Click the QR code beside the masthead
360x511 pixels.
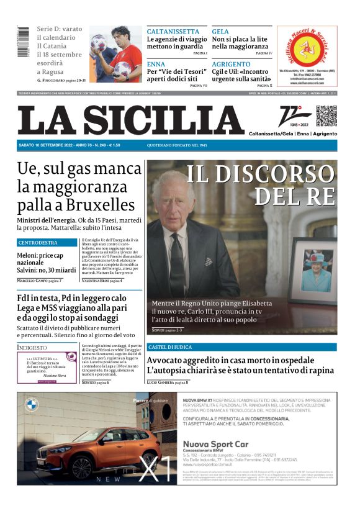(x=326, y=116)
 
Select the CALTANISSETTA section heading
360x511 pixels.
(x=173, y=31)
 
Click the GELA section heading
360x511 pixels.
(x=220, y=31)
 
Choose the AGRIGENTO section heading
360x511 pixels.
(x=231, y=64)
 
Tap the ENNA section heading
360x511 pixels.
(x=156, y=64)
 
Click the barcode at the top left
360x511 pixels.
(x=24, y=42)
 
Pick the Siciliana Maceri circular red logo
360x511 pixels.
(x=307, y=47)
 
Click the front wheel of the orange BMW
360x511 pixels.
(x=81, y=468)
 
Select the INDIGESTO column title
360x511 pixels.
(x=32, y=348)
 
